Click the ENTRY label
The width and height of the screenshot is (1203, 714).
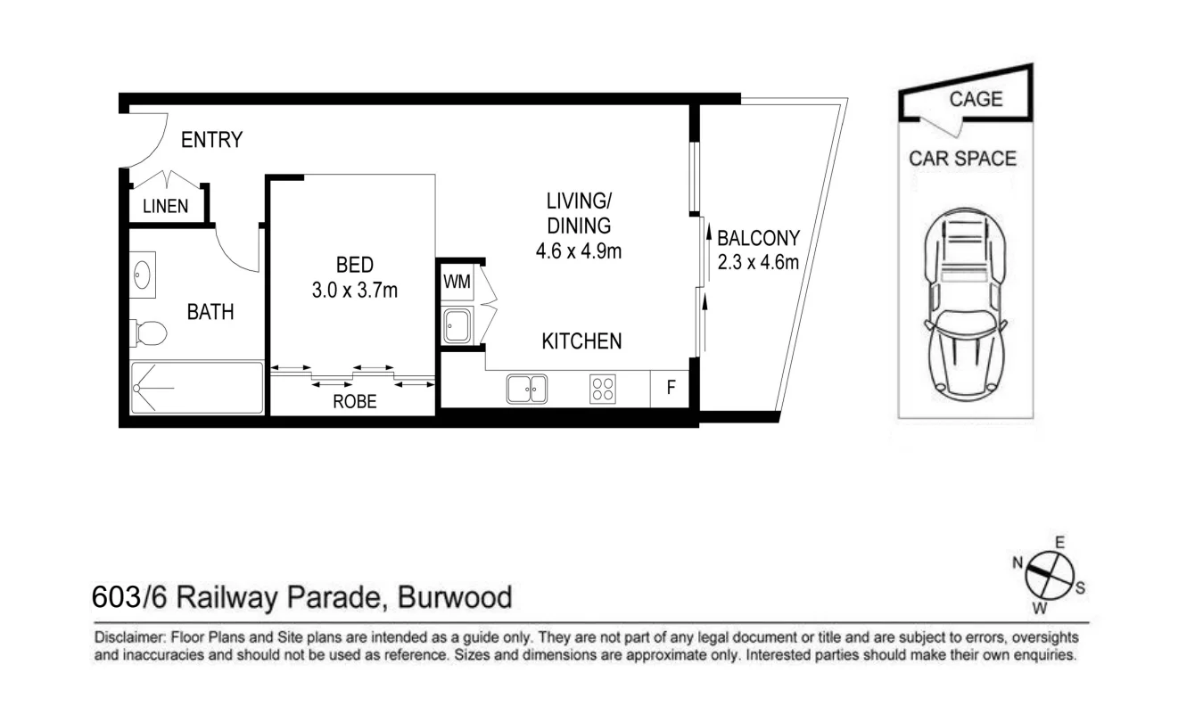click(211, 140)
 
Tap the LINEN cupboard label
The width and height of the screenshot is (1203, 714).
click(166, 206)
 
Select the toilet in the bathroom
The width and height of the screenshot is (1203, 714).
click(149, 333)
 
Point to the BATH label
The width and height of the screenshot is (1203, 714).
click(210, 312)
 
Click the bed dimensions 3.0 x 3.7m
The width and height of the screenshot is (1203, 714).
click(354, 290)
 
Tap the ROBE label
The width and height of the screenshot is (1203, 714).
click(355, 402)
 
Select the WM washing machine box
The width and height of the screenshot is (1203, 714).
click(457, 283)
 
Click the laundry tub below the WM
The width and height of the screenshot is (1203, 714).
click(457, 324)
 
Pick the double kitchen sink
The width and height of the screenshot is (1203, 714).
click(527, 389)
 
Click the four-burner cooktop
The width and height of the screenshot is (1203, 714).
click(602, 389)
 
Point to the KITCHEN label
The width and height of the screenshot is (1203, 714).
click(582, 341)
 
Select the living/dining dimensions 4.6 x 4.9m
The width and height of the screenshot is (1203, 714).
click(578, 251)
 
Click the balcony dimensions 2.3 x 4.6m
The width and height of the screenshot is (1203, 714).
click(758, 262)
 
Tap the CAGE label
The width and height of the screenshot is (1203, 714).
click(976, 99)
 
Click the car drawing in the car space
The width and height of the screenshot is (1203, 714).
click(966, 303)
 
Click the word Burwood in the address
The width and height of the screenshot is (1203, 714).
click(455, 596)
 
